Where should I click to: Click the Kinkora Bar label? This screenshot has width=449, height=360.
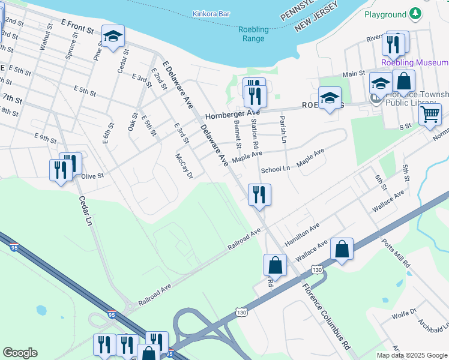212,13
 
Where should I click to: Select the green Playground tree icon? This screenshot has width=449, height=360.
415,14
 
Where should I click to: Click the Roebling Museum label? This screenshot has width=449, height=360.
415,62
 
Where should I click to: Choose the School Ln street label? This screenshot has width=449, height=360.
276,169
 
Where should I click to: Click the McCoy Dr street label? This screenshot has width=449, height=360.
184,166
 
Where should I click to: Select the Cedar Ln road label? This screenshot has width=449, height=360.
85,212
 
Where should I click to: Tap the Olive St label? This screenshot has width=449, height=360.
92,176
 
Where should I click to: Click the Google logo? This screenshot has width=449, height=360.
20,353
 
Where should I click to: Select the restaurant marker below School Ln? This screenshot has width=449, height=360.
259,194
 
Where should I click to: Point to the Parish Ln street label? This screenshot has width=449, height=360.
282,125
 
